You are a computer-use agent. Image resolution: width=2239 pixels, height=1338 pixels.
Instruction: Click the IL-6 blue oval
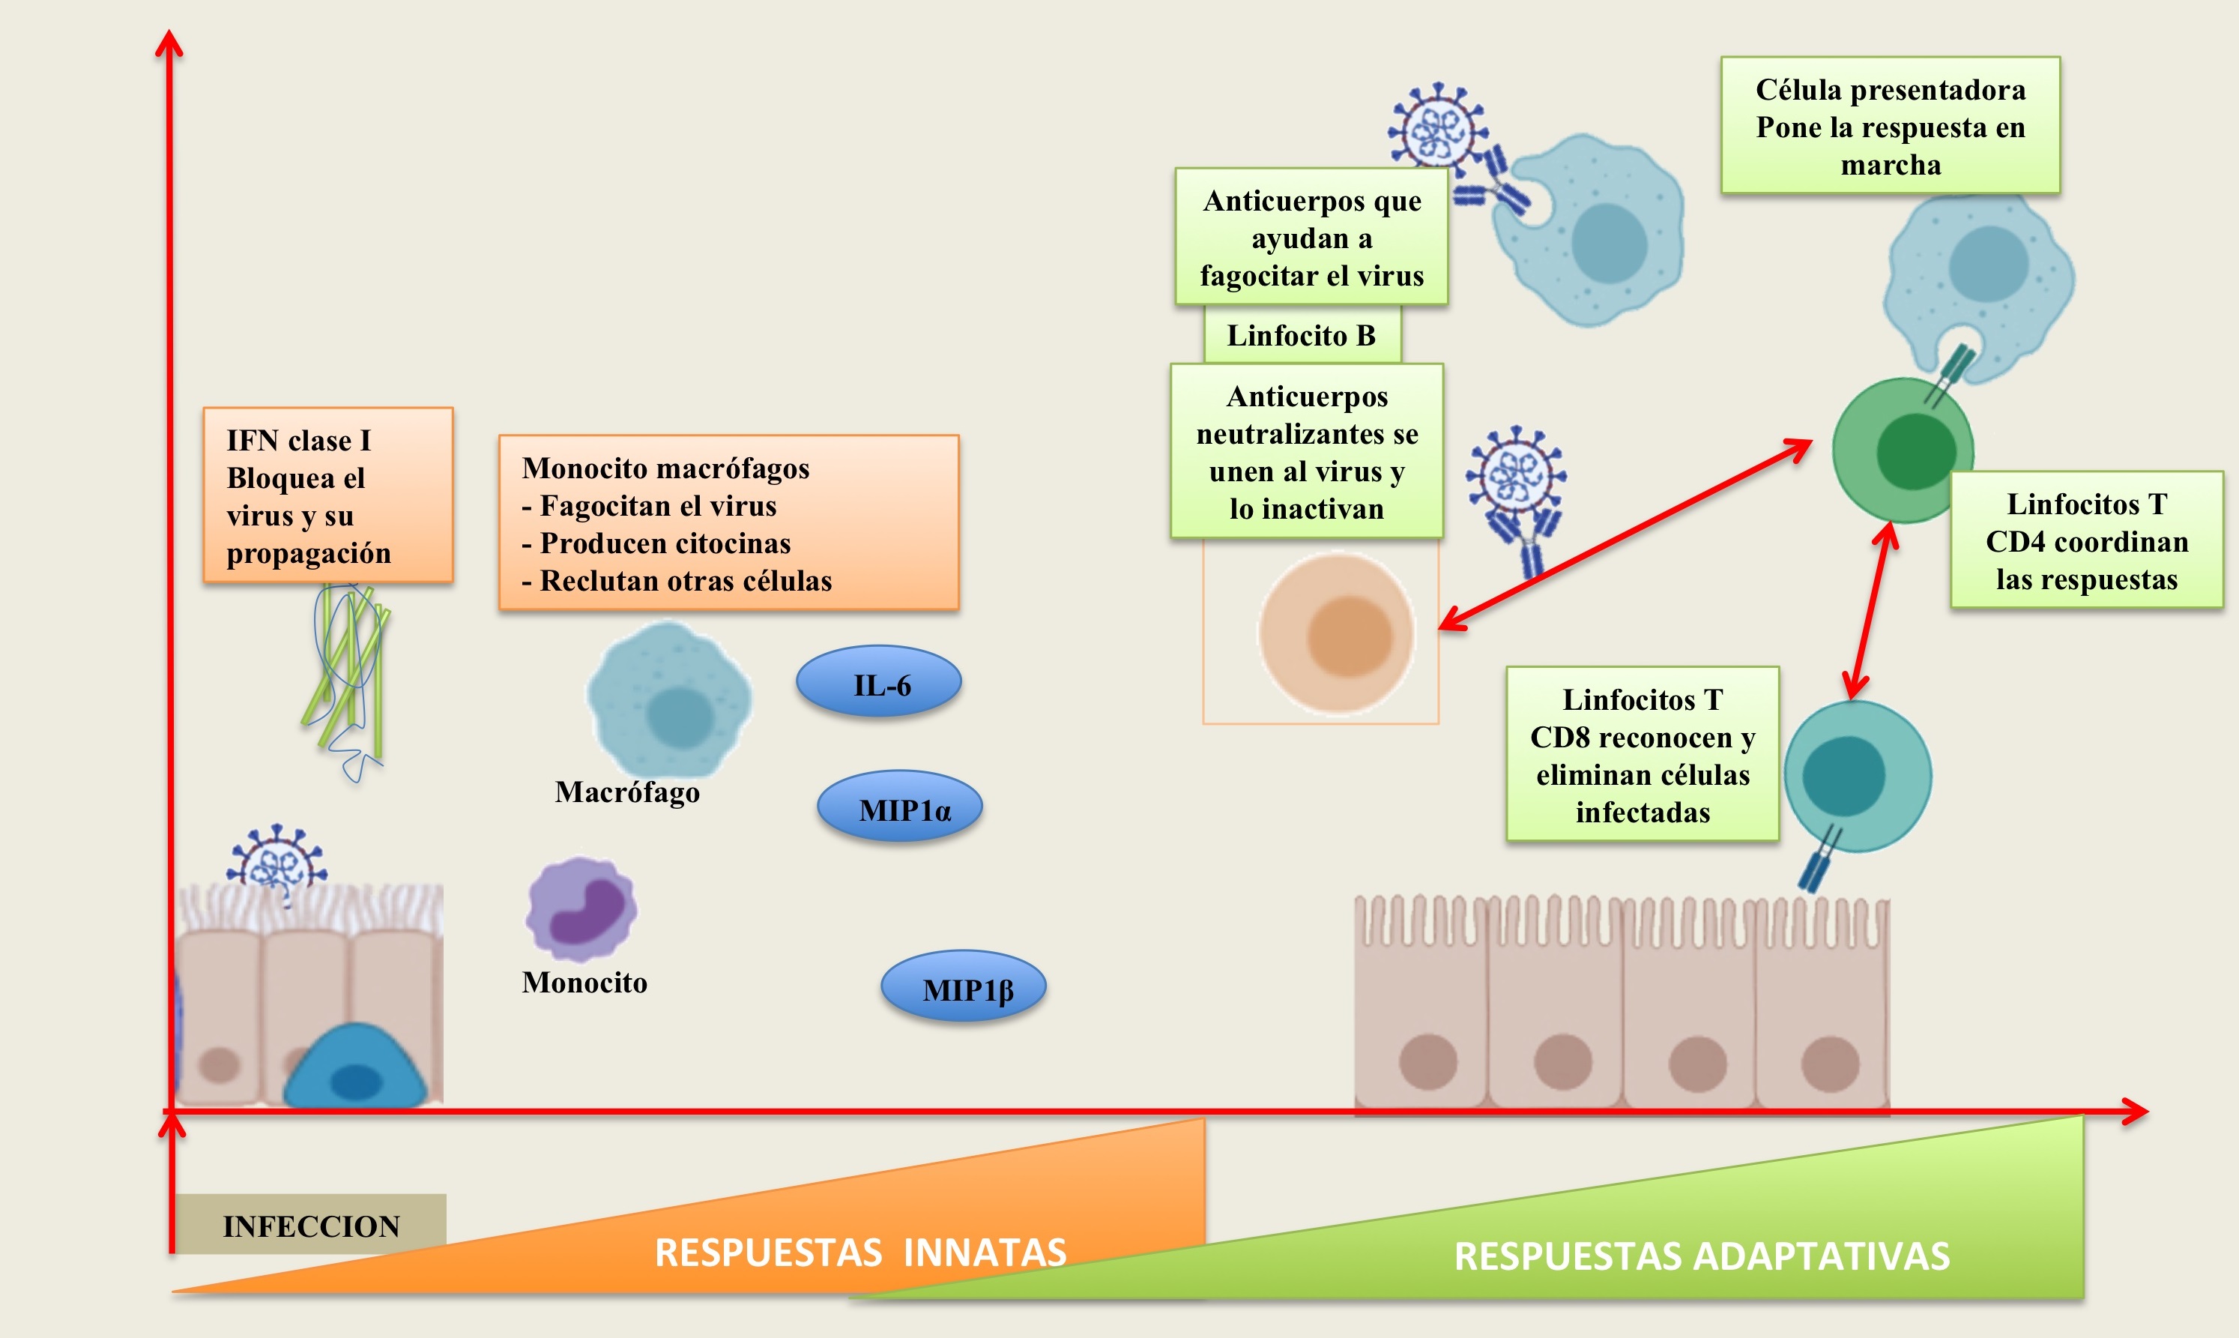click(879, 683)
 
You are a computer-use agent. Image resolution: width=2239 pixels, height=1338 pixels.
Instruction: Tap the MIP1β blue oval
click(963, 986)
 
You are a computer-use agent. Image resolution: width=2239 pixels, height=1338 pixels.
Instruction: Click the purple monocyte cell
click(581, 908)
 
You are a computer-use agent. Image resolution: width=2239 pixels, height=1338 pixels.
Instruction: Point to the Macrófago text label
click(626, 792)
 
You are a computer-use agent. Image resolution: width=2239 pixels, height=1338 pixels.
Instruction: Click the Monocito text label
click(584, 982)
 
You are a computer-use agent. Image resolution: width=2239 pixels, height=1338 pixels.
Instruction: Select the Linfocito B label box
click(1302, 335)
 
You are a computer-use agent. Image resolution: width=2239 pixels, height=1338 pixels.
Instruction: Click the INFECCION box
click(311, 1224)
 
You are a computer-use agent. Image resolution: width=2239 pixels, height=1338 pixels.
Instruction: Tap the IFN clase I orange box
click(328, 495)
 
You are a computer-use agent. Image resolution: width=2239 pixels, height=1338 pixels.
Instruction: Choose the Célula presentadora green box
click(1890, 126)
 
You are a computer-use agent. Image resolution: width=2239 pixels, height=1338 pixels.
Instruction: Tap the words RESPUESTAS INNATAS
click(860, 1253)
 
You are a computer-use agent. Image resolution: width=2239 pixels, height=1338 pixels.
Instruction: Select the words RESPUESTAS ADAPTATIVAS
click(1701, 1256)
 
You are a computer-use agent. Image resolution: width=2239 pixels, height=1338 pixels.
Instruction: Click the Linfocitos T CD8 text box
click(1643, 755)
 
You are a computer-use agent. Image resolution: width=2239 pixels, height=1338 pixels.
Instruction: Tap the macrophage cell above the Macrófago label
click(669, 699)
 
